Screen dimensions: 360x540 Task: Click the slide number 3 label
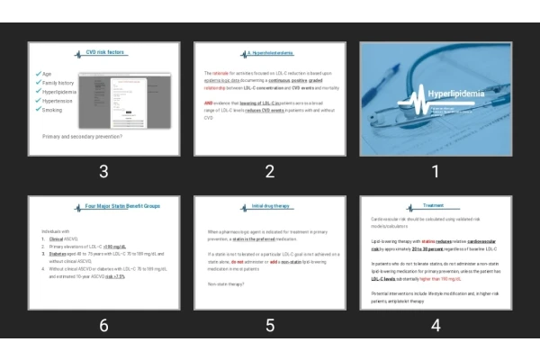click(104, 171)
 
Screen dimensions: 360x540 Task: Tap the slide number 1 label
click(436, 171)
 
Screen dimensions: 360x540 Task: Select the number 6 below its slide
click(104, 325)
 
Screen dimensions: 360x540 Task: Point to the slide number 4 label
click(436, 325)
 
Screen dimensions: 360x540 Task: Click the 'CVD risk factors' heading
click(105, 52)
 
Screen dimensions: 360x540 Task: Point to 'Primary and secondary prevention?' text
click(83, 137)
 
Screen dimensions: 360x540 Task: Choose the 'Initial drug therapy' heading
click(270, 206)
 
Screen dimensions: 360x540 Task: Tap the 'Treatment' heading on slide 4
click(435, 206)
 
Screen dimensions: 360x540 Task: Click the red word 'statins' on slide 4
click(431, 241)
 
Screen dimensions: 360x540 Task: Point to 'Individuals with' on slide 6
click(56, 231)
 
